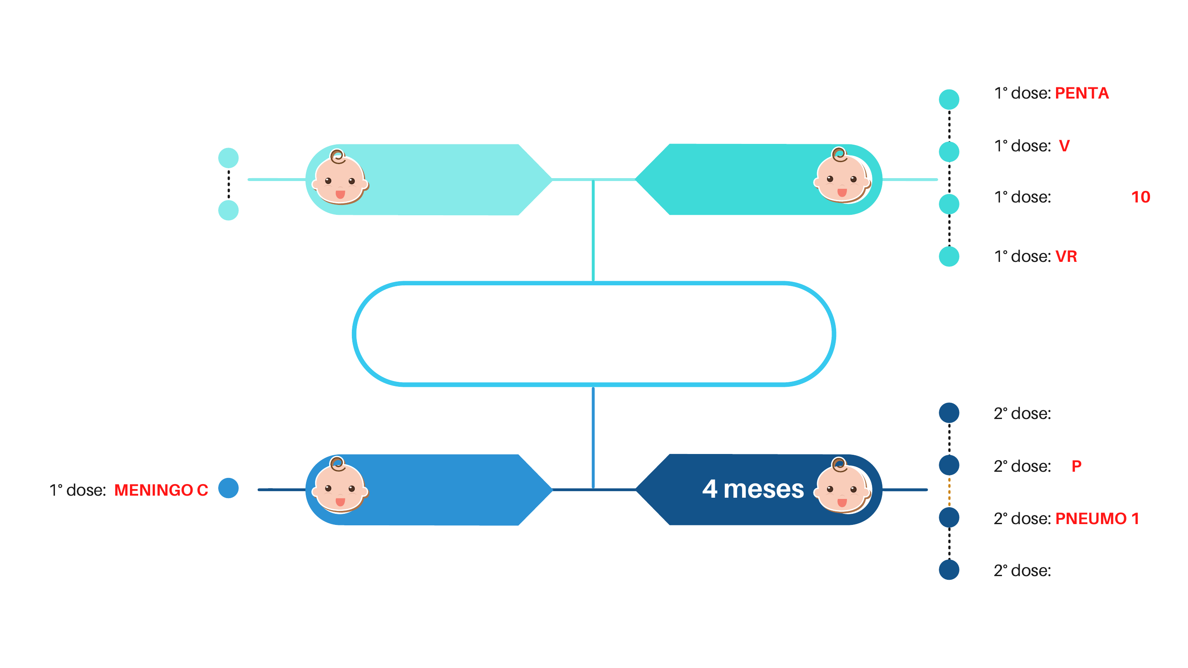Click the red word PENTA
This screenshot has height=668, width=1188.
1082,93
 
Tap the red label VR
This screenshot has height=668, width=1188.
1066,256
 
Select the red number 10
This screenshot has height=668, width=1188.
1141,198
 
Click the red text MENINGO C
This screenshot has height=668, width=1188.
161,490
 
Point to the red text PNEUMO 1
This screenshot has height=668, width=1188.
1097,519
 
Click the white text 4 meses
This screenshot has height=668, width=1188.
753,489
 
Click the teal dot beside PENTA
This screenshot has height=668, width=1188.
949,99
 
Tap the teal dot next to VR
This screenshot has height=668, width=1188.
949,256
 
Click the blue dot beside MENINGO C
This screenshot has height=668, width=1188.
228,488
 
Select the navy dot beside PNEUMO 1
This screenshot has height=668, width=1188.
949,517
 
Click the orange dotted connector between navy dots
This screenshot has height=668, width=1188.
949,492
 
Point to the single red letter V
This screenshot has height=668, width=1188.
1064,146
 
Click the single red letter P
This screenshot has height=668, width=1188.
1076,466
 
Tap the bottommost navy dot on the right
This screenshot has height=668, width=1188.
949,569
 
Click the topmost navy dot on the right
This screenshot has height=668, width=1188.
949,413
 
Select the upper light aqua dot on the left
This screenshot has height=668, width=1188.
228,158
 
